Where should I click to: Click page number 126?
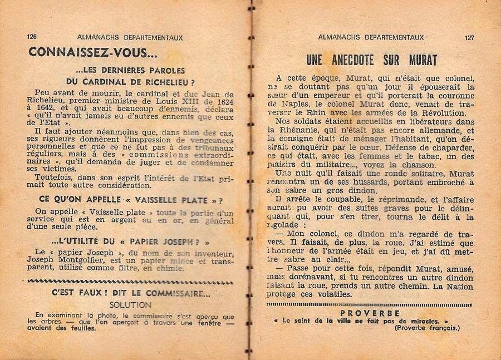point(32,37)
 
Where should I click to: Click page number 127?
point(469,38)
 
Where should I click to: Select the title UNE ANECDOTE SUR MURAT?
point(372,60)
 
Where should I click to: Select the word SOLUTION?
point(130,305)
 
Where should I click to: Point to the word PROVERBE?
point(369,313)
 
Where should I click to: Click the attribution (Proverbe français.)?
point(428,328)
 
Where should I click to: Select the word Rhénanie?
point(293,130)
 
